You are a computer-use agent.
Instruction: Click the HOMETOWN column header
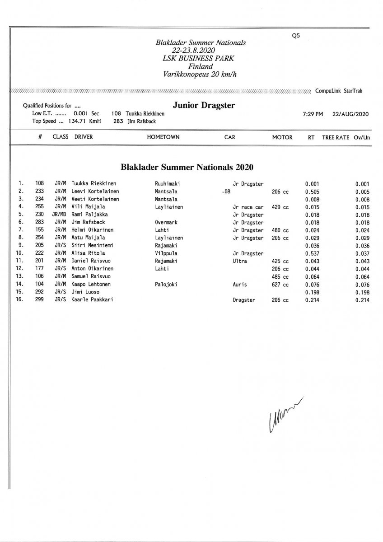163,137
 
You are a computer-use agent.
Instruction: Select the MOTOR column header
282,137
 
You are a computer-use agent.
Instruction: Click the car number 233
39,192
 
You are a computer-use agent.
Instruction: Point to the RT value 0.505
312,192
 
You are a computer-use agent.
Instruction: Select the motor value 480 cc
280,230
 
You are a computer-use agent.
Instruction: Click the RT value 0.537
312,253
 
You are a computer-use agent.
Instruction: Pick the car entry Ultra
240,261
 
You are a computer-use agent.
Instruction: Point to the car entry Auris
239,284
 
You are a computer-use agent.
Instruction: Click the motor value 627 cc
280,284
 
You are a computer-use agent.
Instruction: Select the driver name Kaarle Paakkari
92,300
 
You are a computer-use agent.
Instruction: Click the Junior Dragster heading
204,106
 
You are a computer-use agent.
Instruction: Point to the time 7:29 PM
313,114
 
